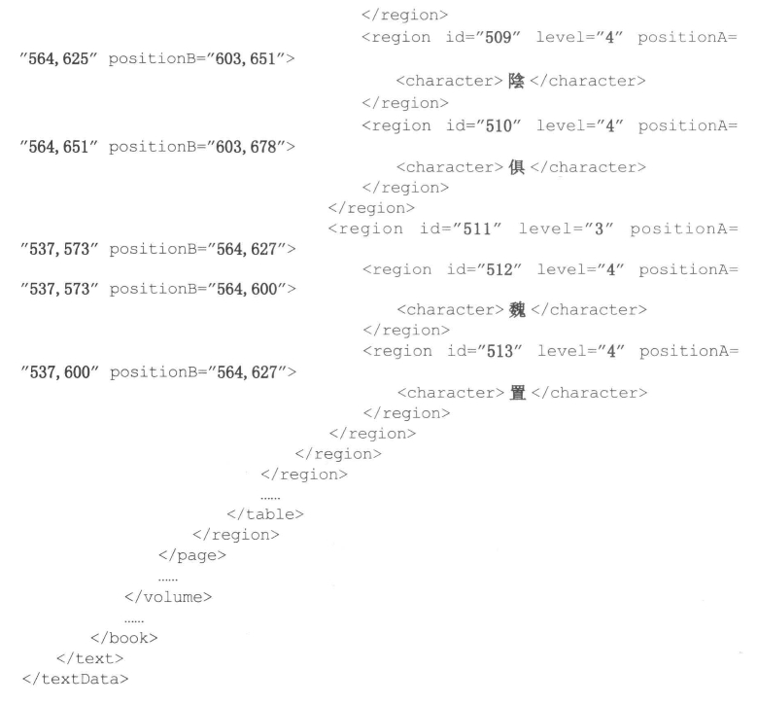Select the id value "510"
tap(498, 125)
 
